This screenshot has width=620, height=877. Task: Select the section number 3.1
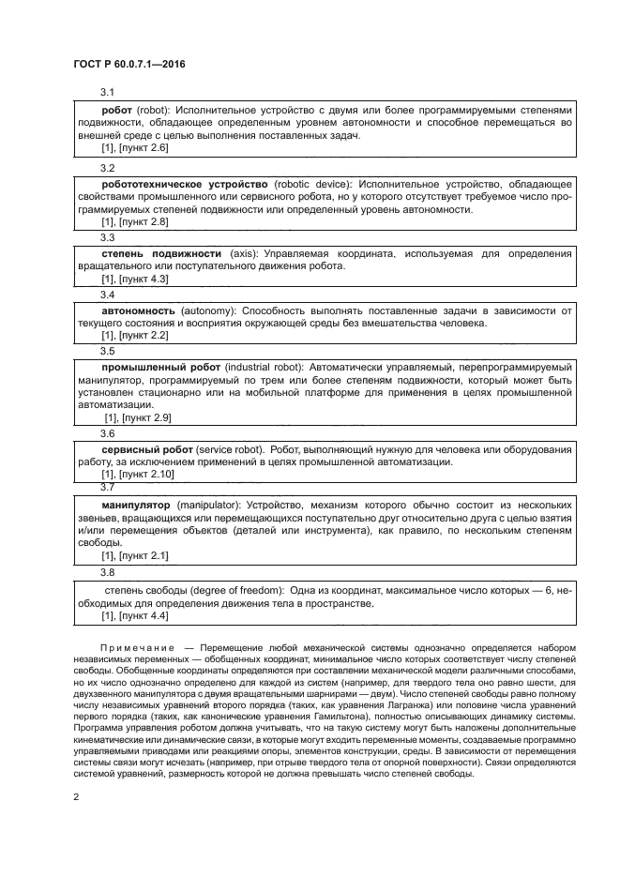click(x=107, y=92)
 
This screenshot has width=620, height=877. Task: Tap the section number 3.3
click(x=107, y=238)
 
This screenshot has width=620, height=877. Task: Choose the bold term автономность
click(x=138, y=310)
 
